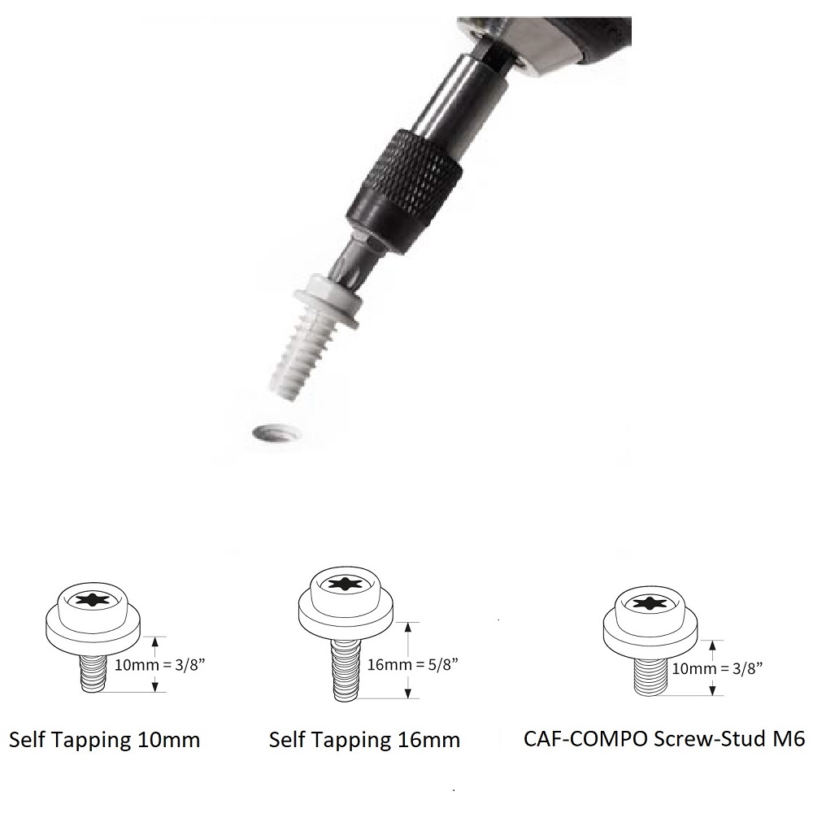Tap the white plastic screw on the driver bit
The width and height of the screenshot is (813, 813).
click(311, 337)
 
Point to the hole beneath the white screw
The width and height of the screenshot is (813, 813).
click(276, 433)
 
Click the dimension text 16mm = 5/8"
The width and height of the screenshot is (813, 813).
click(413, 664)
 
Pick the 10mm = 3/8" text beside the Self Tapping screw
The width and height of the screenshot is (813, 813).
click(159, 664)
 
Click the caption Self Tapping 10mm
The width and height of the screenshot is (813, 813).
click(104, 739)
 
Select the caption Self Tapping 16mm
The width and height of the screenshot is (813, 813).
click(364, 739)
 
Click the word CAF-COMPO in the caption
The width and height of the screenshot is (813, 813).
click(586, 738)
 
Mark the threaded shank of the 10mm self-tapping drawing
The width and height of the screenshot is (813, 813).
click(93, 672)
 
